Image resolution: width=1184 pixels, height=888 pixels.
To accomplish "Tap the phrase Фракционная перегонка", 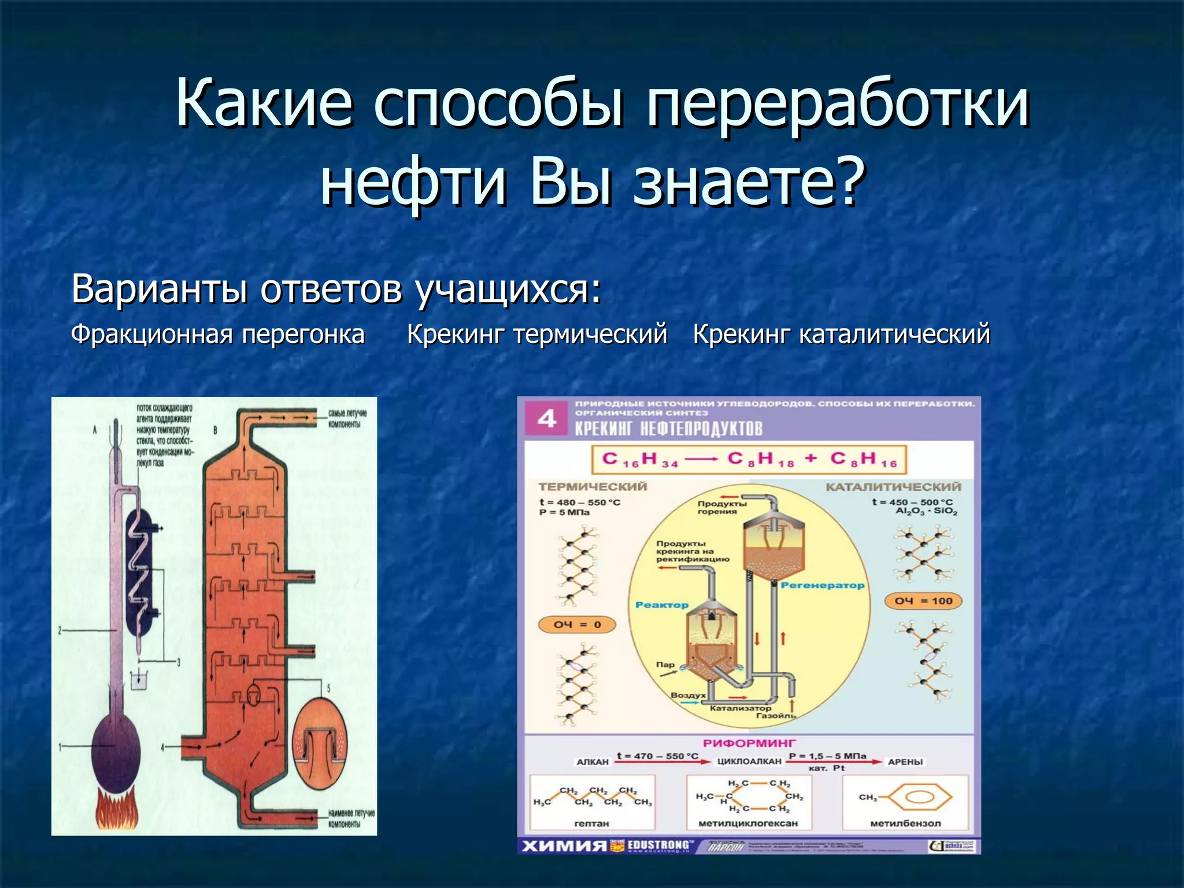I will tap(217, 334).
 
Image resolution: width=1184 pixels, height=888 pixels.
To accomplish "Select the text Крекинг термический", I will tap(536, 334).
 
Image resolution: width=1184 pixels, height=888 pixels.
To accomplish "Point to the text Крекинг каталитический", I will tap(841, 334).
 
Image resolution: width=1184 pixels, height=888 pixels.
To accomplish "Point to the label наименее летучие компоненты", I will tap(351, 818).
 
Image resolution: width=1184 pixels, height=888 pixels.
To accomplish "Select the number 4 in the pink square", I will tap(546, 418).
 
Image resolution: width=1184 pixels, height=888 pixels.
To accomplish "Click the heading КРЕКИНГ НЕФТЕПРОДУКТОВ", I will tap(668, 428).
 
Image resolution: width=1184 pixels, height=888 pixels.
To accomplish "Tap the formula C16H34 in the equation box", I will tap(639, 460).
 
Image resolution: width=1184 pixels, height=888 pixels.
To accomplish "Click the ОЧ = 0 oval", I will tap(577, 624).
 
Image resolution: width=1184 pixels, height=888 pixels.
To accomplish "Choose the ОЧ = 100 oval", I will tap(923, 601).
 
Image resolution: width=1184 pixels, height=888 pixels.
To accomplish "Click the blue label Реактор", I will tap(661, 605).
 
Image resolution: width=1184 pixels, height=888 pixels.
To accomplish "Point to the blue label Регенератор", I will tap(822, 585).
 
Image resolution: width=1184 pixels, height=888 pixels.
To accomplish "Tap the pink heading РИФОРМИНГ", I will tap(749, 743).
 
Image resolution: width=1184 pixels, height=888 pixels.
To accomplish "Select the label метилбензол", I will tap(905, 823).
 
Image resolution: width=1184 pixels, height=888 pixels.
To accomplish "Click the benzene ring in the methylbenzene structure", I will tap(919, 798).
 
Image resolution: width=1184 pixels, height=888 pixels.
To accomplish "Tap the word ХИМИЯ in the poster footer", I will tap(564, 846).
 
